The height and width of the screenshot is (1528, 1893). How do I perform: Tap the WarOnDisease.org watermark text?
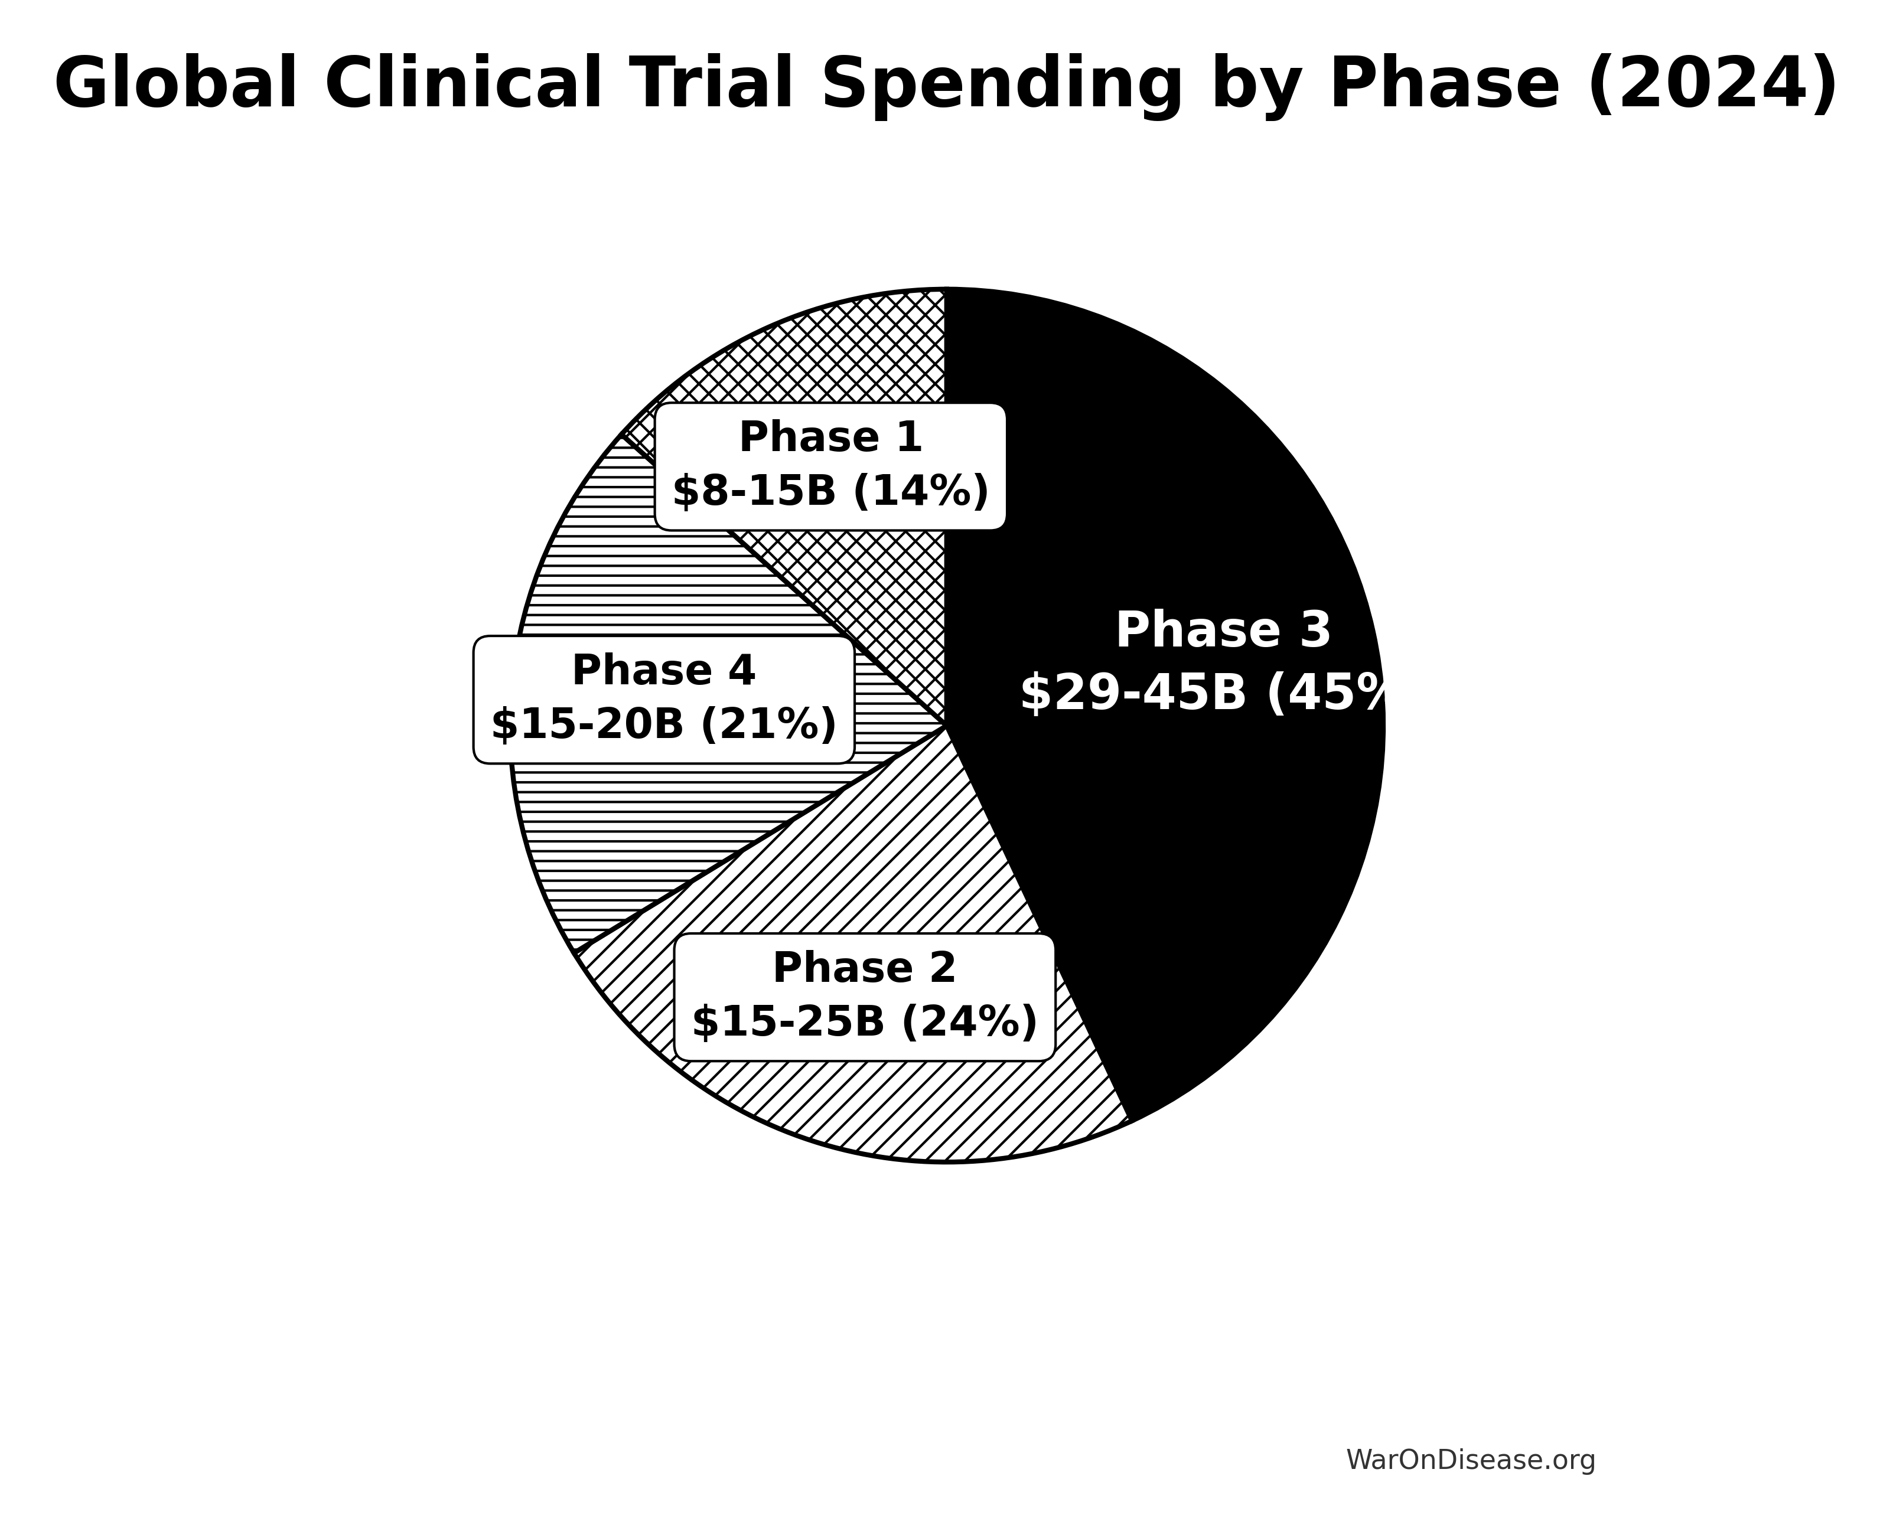tap(1470, 1460)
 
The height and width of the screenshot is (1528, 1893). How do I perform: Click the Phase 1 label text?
tap(830, 437)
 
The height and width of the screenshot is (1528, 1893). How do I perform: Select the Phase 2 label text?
tap(864, 968)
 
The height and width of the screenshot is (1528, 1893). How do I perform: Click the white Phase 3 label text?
tap(1223, 631)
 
